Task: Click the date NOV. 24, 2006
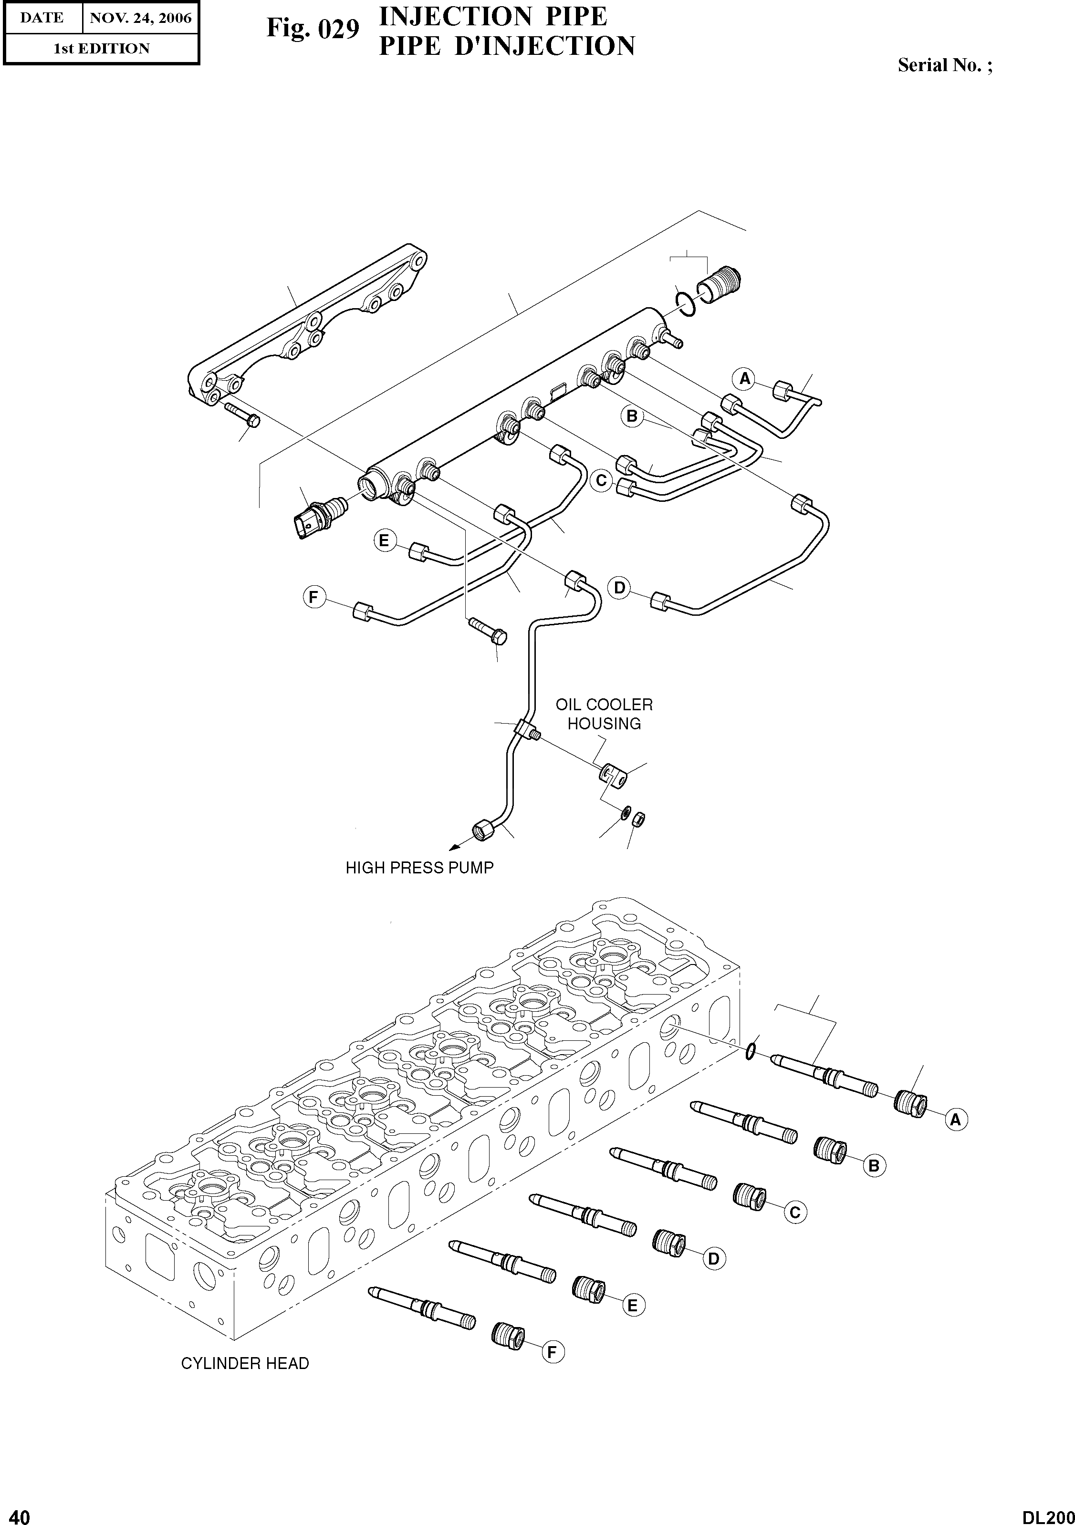pyautogui.click(x=140, y=18)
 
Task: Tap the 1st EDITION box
pyautogui.click(x=101, y=49)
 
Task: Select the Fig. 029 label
pyautogui.click(x=313, y=29)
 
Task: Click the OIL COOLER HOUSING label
pyautogui.click(x=604, y=714)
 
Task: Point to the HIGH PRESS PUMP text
pyautogui.click(x=419, y=868)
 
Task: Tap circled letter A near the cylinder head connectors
pyautogui.click(x=955, y=1120)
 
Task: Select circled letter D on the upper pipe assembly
pyautogui.click(x=620, y=588)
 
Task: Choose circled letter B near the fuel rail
pyautogui.click(x=632, y=416)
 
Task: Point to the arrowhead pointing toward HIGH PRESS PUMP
pyautogui.click(x=454, y=847)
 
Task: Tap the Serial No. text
pyautogui.click(x=945, y=65)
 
